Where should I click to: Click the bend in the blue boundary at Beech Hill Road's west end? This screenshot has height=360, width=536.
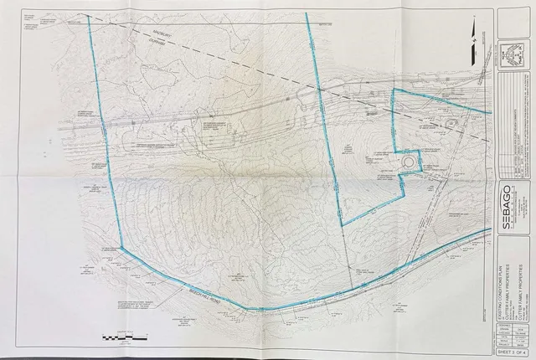(122, 249)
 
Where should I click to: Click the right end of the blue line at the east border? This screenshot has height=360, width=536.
(489, 111)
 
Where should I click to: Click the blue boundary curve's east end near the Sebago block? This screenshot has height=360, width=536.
(488, 229)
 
